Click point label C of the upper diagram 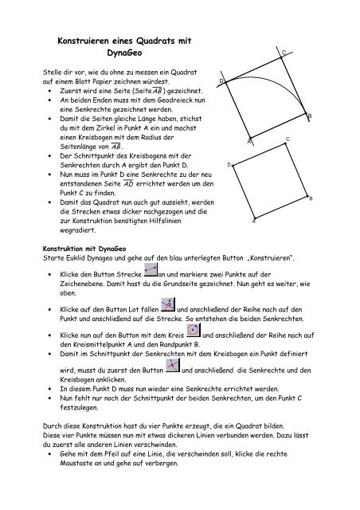(x=284, y=52)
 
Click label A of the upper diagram (x=248, y=141)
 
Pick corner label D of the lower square (x=229, y=165)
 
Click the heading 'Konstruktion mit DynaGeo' (x=84, y=247)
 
